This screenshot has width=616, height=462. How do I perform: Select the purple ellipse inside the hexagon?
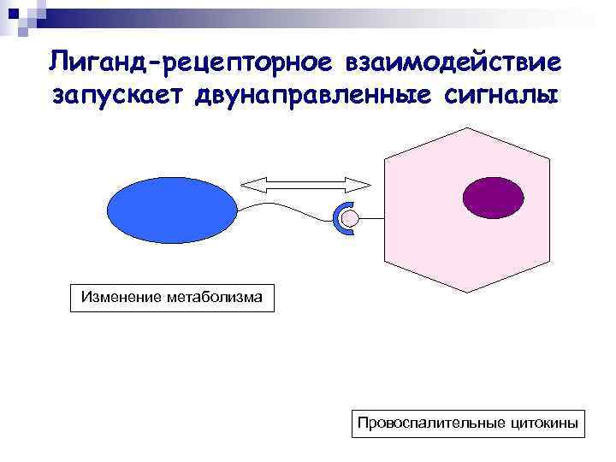(494, 198)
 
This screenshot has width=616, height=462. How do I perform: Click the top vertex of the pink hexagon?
(468, 127)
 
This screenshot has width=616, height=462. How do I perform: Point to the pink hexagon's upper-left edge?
(428, 143)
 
